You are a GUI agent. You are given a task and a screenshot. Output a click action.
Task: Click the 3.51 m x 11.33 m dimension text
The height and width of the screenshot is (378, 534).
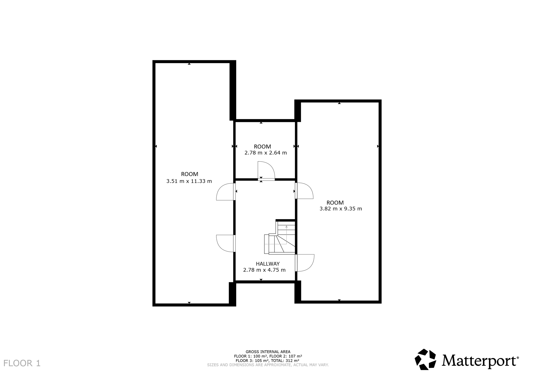click(x=189, y=181)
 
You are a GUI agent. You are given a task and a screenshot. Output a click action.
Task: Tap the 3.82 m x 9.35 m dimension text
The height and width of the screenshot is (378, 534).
click(x=341, y=209)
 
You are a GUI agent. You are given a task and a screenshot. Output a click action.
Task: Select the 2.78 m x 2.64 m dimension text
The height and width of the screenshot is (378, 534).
click(x=266, y=153)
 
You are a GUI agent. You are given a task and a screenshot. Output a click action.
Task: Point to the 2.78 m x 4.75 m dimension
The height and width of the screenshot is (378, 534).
click(x=264, y=270)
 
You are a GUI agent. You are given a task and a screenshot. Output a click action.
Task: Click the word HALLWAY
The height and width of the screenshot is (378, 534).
click(x=268, y=264)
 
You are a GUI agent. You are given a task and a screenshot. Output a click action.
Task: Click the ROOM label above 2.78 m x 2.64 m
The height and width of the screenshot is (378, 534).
click(x=263, y=146)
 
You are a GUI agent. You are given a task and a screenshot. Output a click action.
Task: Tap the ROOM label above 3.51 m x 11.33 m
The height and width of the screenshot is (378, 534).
click(x=190, y=174)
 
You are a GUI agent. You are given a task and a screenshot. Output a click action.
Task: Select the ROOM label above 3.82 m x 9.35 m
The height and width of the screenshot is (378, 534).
click(x=335, y=203)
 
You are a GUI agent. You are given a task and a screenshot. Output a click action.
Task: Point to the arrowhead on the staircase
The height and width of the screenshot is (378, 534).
click(x=287, y=227)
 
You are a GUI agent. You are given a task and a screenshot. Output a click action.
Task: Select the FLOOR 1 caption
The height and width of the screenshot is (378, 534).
click(x=22, y=363)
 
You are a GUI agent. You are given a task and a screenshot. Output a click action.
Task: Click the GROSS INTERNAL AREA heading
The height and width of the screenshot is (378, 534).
click(x=268, y=352)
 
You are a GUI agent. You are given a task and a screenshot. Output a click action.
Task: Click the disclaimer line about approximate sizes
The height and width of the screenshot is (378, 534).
click(x=268, y=365)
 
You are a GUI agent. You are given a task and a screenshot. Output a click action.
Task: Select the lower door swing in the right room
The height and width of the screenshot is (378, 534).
click(x=305, y=263)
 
